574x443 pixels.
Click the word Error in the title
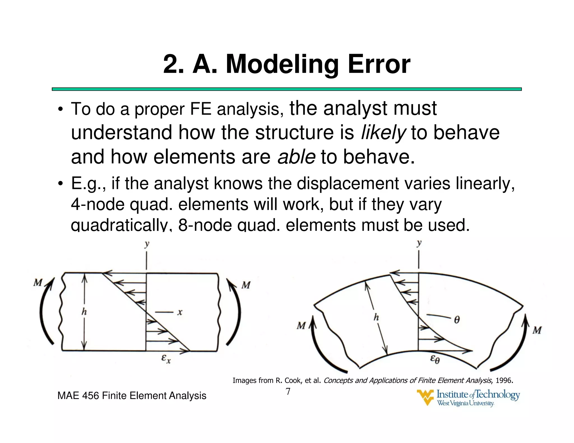[x=379, y=64]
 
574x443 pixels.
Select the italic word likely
[x=383, y=132]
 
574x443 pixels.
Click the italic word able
[x=296, y=157]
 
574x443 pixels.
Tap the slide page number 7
[x=288, y=391]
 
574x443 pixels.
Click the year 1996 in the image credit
[x=504, y=381]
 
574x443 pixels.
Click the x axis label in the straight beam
[x=180, y=312]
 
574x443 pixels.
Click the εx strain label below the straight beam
[x=166, y=359]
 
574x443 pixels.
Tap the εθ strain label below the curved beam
[x=435, y=359]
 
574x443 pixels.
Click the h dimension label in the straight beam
[x=84, y=311]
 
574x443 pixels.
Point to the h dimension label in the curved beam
[x=376, y=317]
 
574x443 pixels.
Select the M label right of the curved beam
[x=537, y=330]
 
